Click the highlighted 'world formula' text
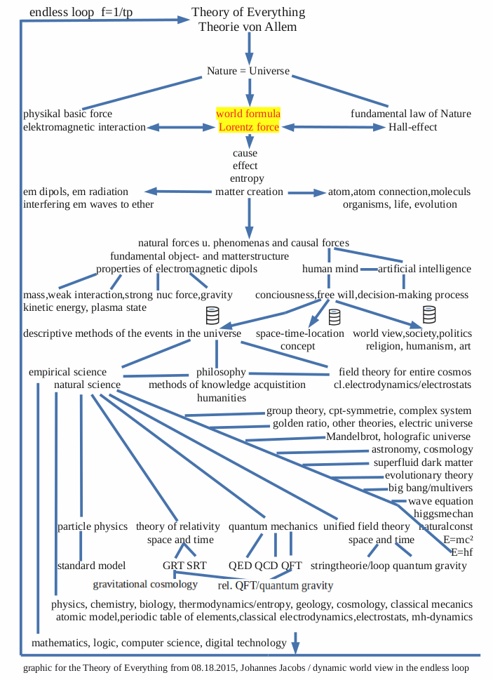[x=248, y=114]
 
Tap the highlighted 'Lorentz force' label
[x=248, y=127]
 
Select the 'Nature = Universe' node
[x=248, y=71]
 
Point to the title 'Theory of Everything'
[x=248, y=13]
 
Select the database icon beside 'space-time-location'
[x=335, y=317]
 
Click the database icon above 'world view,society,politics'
[x=429, y=314]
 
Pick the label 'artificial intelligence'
[x=424, y=269]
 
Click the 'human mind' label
[x=330, y=269]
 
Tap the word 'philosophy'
[x=221, y=372]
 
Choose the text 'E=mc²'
[x=458, y=540]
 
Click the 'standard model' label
[x=91, y=566]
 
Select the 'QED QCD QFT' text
[x=265, y=566]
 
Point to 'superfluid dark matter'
[x=423, y=463]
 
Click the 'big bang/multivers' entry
[x=431, y=488]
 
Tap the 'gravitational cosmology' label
[x=145, y=584]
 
